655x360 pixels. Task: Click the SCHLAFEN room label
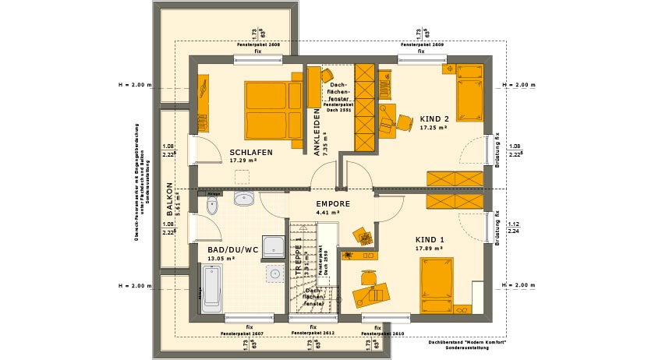251,153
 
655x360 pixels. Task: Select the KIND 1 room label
430,239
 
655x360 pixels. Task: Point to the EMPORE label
333,203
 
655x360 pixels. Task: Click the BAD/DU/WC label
233,250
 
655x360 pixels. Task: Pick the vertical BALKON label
169,199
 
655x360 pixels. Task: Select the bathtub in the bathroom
213,289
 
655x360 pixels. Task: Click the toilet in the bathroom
211,205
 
